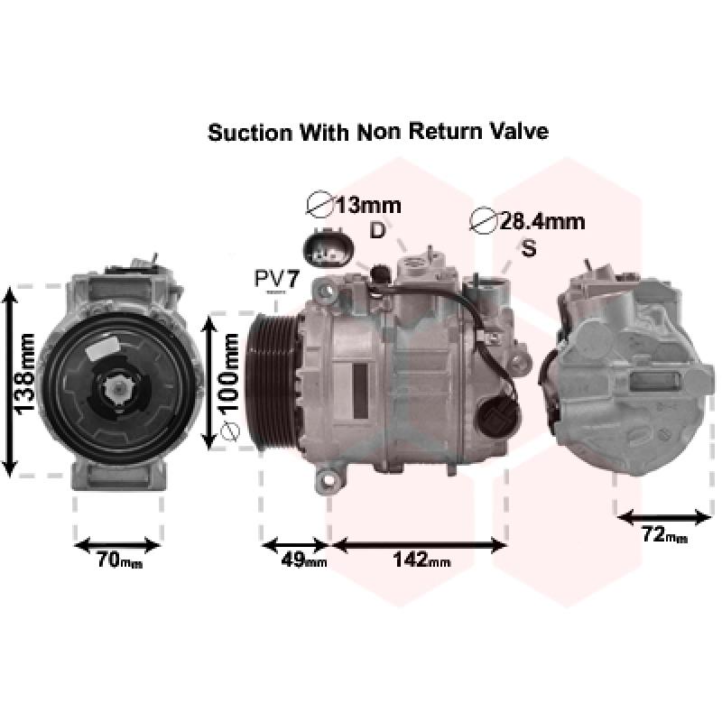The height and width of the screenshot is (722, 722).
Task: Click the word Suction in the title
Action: (x=250, y=133)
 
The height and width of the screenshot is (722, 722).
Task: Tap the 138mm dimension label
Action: (x=25, y=374)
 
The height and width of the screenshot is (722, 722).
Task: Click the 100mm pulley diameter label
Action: (x=228, y=373)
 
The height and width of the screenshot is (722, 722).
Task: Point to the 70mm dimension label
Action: (x=120, y=560)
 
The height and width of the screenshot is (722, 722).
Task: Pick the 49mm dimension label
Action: (x=304, y=560)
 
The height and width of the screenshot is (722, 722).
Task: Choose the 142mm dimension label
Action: (x=421, y=560)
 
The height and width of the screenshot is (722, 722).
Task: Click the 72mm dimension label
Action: (x=664, y=535)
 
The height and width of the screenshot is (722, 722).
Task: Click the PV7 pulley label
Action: (x=277, y=279)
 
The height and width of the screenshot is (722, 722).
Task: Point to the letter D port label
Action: (x=377, y=230)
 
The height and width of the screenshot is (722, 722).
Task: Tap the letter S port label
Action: (x=529, y=248)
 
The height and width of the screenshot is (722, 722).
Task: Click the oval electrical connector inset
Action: (x=329, y=249)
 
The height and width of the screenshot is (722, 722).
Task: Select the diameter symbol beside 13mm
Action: (x=319, y=204)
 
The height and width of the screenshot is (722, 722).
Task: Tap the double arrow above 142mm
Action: (x=419, y=546)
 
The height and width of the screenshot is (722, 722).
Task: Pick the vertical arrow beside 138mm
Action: (x=10, y=381)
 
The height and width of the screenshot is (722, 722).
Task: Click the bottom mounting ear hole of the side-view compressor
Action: (x=329, y=480)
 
